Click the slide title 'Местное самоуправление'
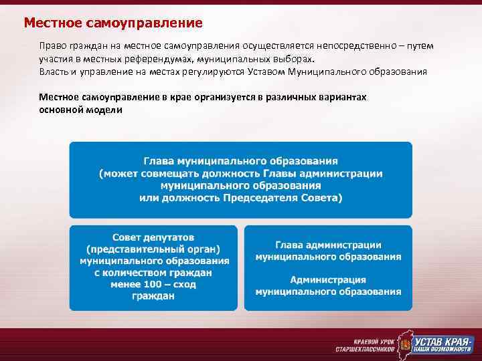(x=113, y=23)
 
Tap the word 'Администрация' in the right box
(x=328, y=279)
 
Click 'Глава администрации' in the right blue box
(x=328, y=245)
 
